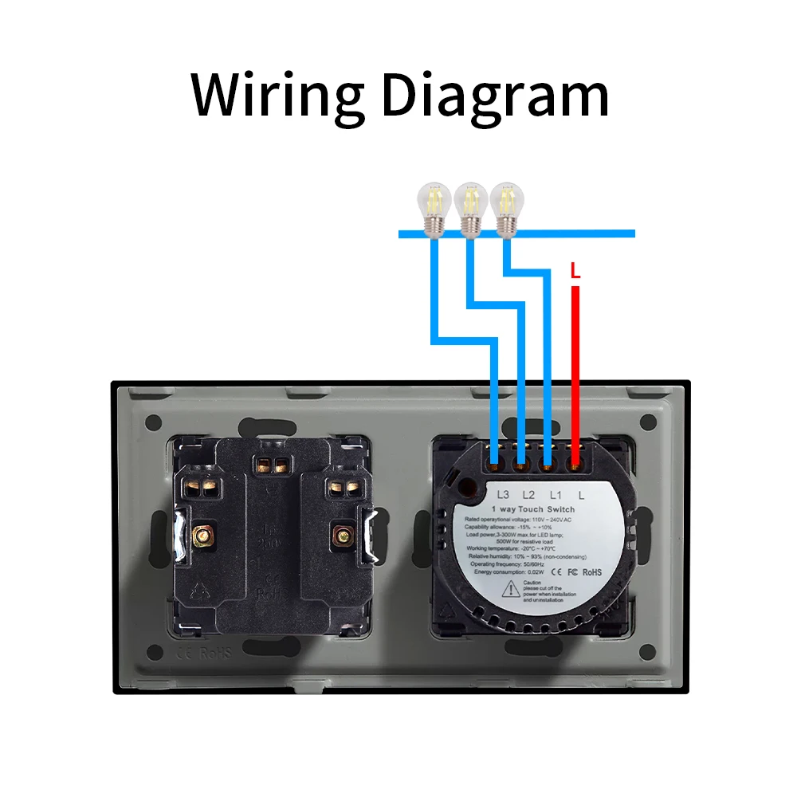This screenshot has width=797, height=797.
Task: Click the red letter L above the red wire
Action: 575,271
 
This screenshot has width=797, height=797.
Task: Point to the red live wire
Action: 575,359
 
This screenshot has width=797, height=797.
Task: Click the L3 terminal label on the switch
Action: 502,495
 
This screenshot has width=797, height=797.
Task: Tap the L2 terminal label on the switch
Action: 528,495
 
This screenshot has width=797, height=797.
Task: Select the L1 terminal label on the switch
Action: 556,495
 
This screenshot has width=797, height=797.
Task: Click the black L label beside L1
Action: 582,495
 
